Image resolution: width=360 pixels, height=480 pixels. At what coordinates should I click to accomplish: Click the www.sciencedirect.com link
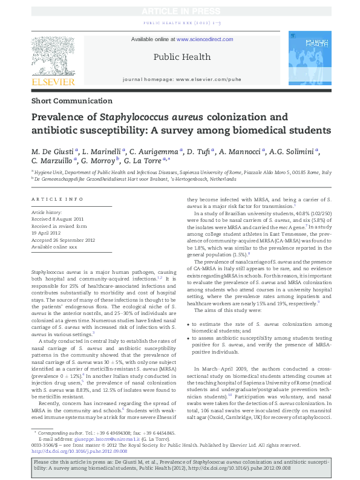click(x=205, y=39)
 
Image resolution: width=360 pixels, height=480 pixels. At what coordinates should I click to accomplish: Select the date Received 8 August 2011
click(x=56, y=219)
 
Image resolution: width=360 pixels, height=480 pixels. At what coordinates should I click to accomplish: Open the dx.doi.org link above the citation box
click(x=79, y=450)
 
